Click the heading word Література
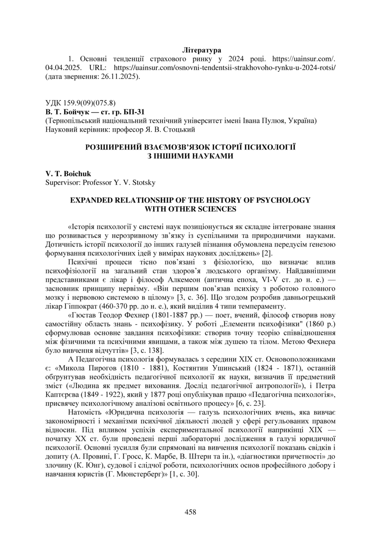(x=201, y=50)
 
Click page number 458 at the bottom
(x=190, y=512)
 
